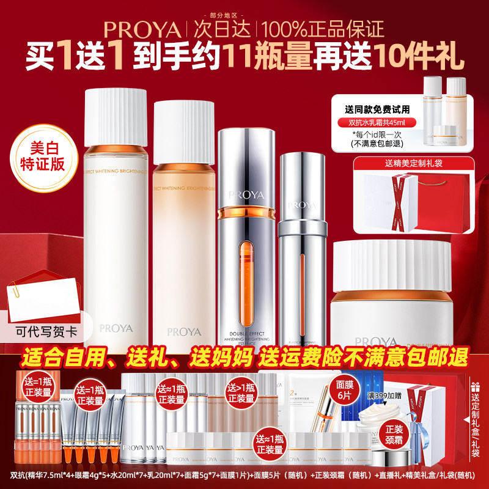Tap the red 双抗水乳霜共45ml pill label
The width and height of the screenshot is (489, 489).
tap(377, 122)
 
